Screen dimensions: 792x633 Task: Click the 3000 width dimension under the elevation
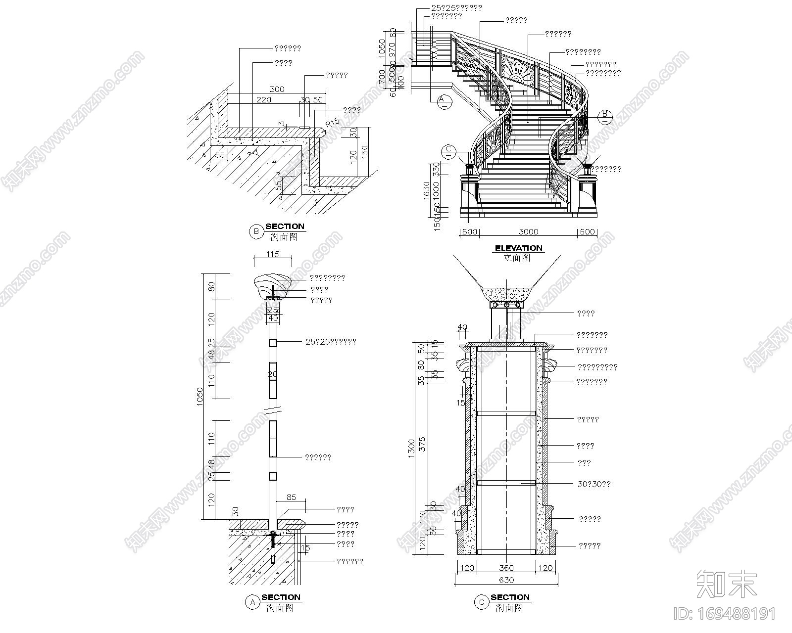(528, 231)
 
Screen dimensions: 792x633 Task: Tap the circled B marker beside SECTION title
(256, 231)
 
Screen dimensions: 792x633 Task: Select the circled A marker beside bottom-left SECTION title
(252, 602)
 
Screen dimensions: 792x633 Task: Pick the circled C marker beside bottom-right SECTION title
(481, 602)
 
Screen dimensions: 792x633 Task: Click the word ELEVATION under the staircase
(519, 248)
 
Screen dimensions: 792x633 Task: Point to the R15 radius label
(332, 121)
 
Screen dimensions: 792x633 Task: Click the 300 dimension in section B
(277, 89)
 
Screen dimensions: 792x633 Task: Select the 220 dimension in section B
(264, 99)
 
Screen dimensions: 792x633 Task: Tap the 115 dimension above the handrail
(273, 254)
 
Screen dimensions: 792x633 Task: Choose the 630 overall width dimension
(506, 580)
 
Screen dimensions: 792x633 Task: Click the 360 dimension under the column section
(506, 568)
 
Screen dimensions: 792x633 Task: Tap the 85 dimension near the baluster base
(291, 497)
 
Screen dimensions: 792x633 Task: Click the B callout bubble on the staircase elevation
(604, 116)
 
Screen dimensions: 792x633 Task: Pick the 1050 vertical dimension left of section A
(200, 396)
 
